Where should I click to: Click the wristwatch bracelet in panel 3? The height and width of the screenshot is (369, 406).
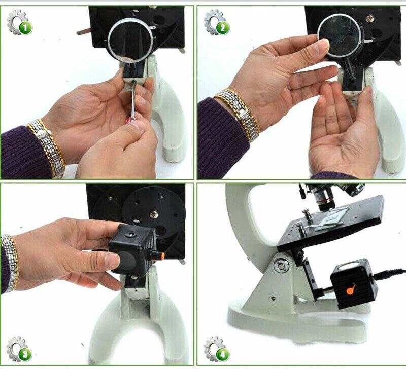10,264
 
